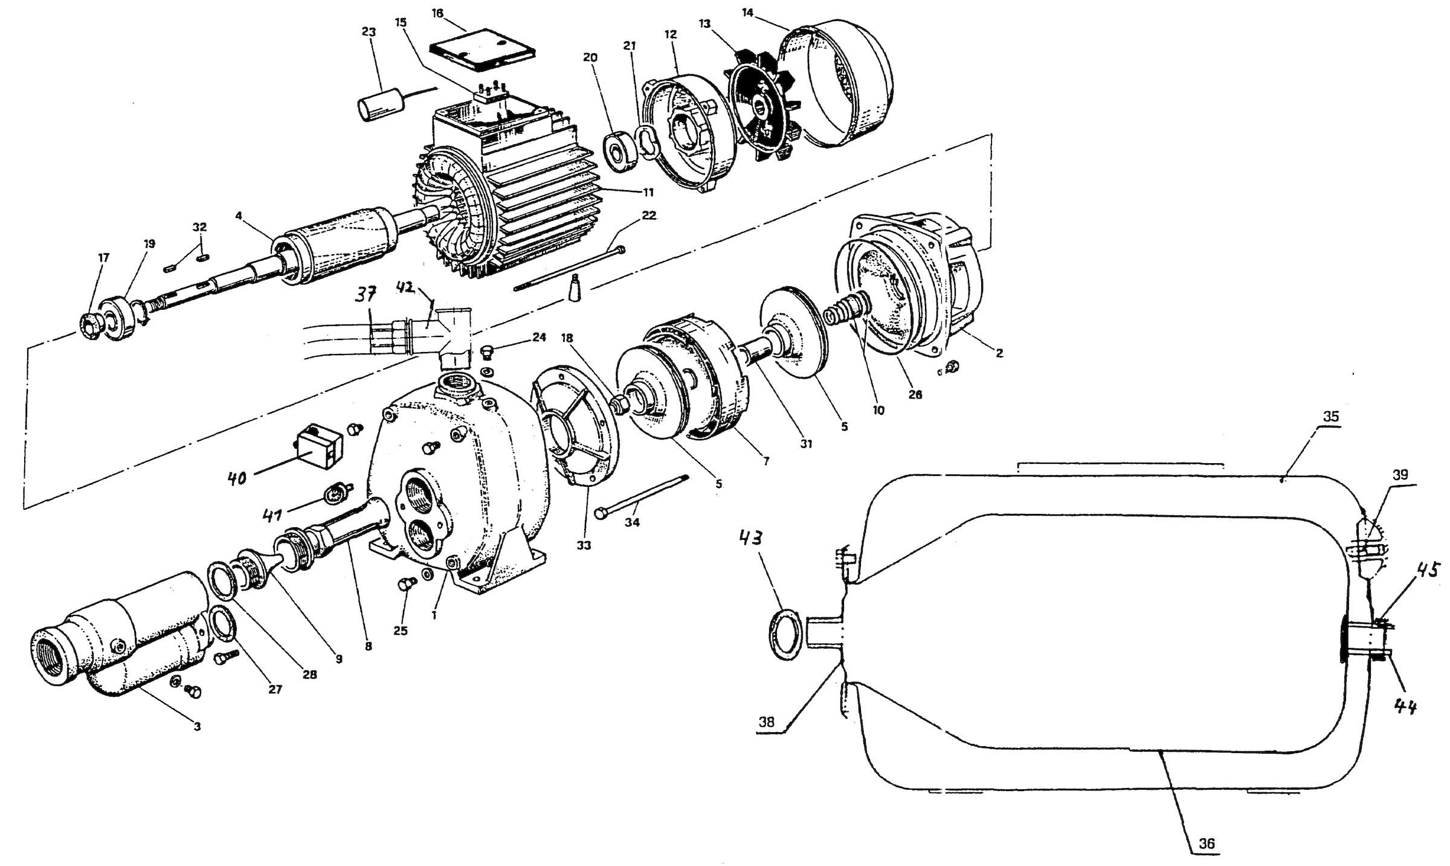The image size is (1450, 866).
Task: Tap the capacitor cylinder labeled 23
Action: (380, 107)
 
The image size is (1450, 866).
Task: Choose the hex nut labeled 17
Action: (90, 328)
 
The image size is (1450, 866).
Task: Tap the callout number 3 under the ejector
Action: (197, 726)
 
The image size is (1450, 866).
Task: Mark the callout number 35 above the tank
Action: (1330, 416)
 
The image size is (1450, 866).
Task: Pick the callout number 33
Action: (584, 545)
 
